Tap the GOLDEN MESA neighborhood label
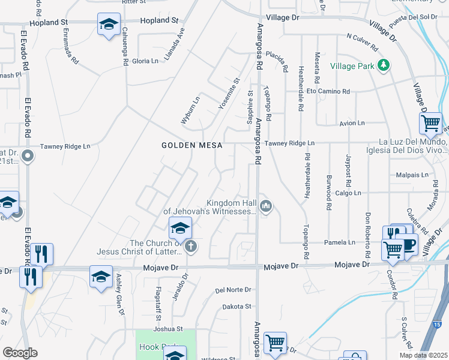192,145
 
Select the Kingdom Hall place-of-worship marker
267,208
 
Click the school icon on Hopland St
109,25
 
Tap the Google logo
20,353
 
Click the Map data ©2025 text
424,355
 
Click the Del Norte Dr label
233,290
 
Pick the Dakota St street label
237,307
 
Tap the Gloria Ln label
145,61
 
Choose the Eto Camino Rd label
328,91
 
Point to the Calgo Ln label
348,193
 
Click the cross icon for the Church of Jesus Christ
191,245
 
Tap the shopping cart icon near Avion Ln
430,123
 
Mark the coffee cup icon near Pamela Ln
409,245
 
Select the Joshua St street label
168,329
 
